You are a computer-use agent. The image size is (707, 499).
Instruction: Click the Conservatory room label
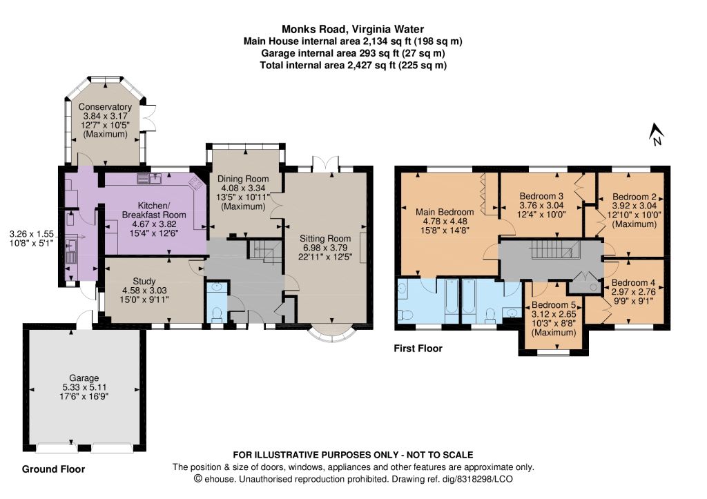coord(105,107)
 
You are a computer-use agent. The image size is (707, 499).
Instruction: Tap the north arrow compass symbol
coord(656,135)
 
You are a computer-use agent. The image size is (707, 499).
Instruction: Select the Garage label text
coord(84,378)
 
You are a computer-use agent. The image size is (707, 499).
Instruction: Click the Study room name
coord(144,281)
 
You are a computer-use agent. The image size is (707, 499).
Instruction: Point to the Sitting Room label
coord(325,238)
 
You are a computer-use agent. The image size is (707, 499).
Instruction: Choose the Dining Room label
coord(243,179)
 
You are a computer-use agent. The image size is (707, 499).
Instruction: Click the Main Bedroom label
coord(445,212)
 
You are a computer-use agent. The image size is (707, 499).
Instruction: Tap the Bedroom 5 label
coord(554,305)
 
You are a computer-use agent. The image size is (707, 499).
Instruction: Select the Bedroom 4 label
coord(633,283)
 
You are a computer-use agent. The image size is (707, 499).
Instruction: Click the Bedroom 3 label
coord(541,196)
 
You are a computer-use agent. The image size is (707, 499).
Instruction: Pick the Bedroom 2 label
coord(635,197)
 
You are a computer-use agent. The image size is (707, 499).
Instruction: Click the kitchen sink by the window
coord(150,179)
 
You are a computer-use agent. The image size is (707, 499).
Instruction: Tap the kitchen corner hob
coord(195,183)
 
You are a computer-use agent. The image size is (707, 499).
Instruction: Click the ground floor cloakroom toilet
coord(217,313)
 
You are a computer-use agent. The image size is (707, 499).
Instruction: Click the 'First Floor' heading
coord(418,349)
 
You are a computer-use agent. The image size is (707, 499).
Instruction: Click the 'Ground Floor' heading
coord(53,469)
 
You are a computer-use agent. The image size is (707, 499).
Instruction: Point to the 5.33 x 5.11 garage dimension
coord(84,387)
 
